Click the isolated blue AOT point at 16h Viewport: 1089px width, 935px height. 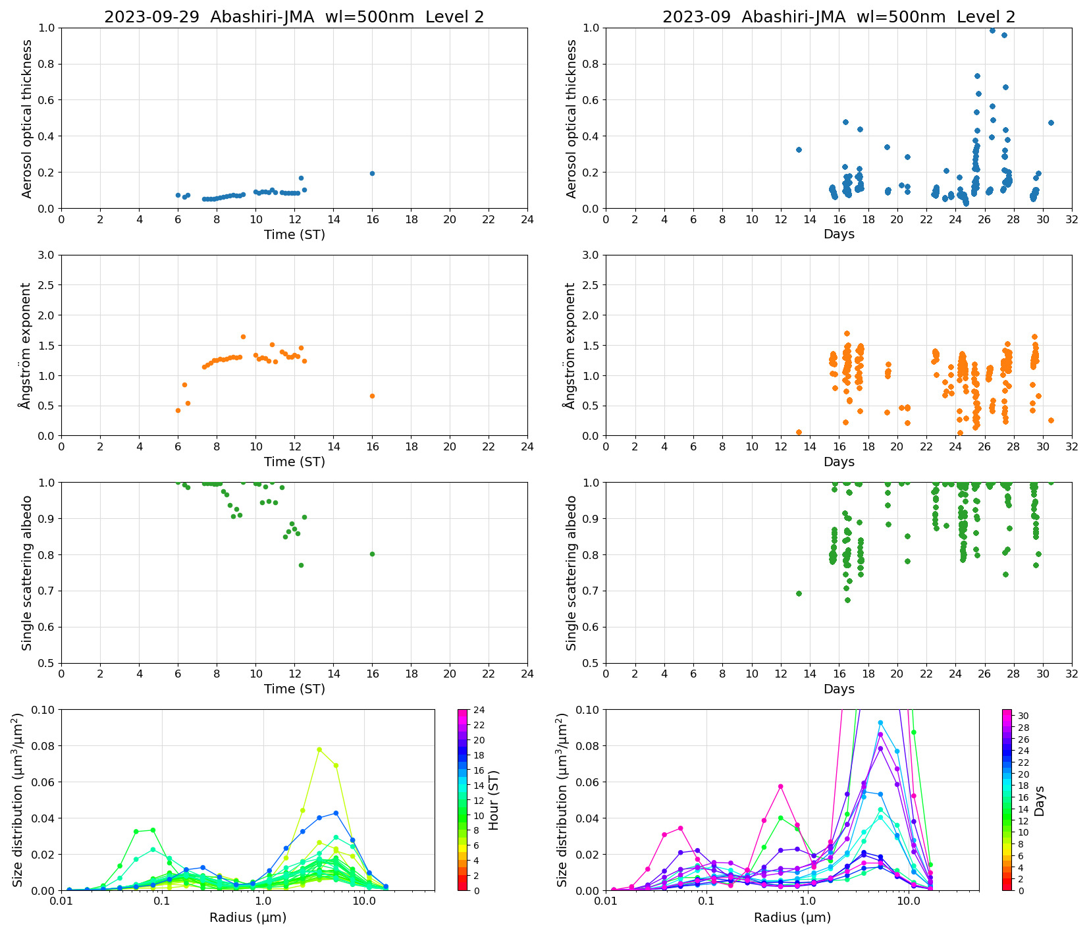[372, 173]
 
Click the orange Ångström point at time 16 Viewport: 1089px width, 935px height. [372, 396]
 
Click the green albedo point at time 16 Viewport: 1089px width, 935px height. [372, 554]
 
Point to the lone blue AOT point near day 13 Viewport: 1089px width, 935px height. [799, 149]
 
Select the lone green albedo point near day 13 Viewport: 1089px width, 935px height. [799, 593]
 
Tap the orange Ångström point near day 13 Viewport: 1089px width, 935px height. [799, 432]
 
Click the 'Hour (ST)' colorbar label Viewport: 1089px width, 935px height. [494, 799]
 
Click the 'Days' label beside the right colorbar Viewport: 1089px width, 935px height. [1039, 801]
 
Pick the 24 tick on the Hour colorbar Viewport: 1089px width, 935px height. [479, 710]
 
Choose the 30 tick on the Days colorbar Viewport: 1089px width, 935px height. [1024, 716]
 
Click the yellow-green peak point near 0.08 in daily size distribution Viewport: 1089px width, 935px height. [319, 749]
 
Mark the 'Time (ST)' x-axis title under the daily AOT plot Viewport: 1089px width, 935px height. [294, 234]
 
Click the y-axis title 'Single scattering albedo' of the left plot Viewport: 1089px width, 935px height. [27, 573]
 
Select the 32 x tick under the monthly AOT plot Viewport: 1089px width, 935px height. [1072, 219]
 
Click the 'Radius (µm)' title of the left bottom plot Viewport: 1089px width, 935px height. [248, 917]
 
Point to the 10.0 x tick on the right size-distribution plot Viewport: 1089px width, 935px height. [909, 900]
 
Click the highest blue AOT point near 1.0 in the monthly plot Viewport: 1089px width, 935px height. [992, 30]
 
